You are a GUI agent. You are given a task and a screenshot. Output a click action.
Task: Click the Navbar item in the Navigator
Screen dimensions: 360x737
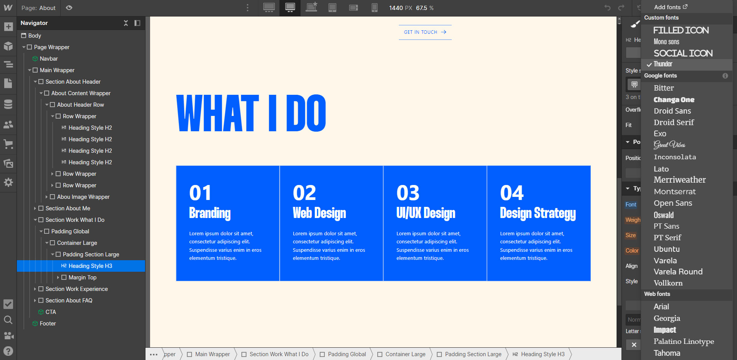tap(49, 59)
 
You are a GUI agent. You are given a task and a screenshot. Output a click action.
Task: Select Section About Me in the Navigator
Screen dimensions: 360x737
tap(68, 208)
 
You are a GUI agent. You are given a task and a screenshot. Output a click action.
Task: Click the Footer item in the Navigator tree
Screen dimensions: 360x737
tap(48, 324)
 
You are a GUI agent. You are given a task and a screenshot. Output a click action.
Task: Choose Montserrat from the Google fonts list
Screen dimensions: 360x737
tap(674, 192)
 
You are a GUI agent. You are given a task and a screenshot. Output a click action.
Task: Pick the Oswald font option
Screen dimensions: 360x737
tap(664, 215)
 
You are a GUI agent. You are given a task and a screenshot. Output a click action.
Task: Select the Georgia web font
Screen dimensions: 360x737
tap(667, 318)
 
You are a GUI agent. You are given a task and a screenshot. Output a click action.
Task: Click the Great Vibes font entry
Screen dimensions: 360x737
tap(669, 145)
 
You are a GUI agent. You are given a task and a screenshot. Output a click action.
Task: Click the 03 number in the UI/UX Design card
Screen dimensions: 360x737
tap(408, 193)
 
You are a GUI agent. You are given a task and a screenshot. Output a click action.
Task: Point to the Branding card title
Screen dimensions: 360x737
tap(210, 213)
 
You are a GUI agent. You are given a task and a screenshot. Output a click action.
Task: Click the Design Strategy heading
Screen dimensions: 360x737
tap(538, 213)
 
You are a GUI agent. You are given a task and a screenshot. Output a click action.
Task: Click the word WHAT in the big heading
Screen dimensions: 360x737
tap(217, 113)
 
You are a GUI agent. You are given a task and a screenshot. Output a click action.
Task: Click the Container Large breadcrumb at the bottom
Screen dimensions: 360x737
tap(405, 354)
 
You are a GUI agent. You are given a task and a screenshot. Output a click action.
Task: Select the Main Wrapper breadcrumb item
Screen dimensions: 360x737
tap(212, 354)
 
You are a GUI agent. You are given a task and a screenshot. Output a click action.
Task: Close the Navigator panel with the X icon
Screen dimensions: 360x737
tap(126, 23)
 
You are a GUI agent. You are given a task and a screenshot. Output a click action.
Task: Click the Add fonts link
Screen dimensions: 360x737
tap(670, 7)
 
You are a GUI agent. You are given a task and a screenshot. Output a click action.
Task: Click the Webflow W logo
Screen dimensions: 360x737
tap(8, 8)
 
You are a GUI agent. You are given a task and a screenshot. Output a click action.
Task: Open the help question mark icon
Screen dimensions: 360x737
tap(8, 351)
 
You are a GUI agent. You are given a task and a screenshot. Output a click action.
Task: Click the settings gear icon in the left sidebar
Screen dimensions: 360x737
tap(8, 182)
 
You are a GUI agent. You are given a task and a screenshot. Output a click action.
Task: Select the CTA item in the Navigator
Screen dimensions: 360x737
tap(50, 312)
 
